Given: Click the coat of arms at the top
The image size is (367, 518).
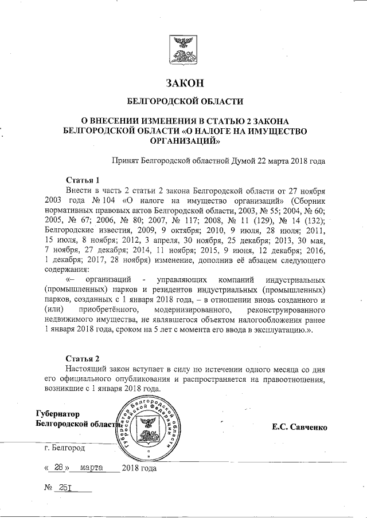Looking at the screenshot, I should tap(184, 50).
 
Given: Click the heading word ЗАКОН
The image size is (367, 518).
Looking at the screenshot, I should tap(184, 84).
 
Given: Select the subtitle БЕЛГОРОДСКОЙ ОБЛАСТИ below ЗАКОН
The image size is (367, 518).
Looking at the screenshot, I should tap(184, 102).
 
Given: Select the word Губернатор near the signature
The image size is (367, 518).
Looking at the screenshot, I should tap(58, 414).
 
